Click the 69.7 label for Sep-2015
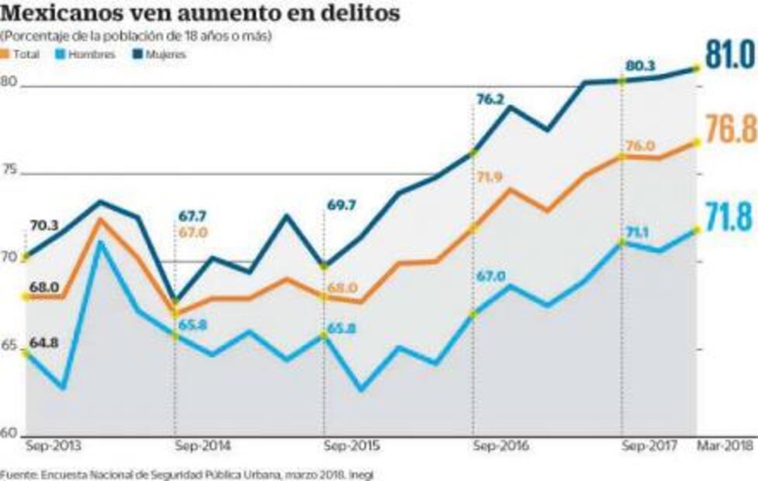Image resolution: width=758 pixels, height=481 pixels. (340, 206)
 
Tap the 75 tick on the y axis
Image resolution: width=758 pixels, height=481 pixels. (9, 171)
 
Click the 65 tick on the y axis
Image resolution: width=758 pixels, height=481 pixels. (9, 345)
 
